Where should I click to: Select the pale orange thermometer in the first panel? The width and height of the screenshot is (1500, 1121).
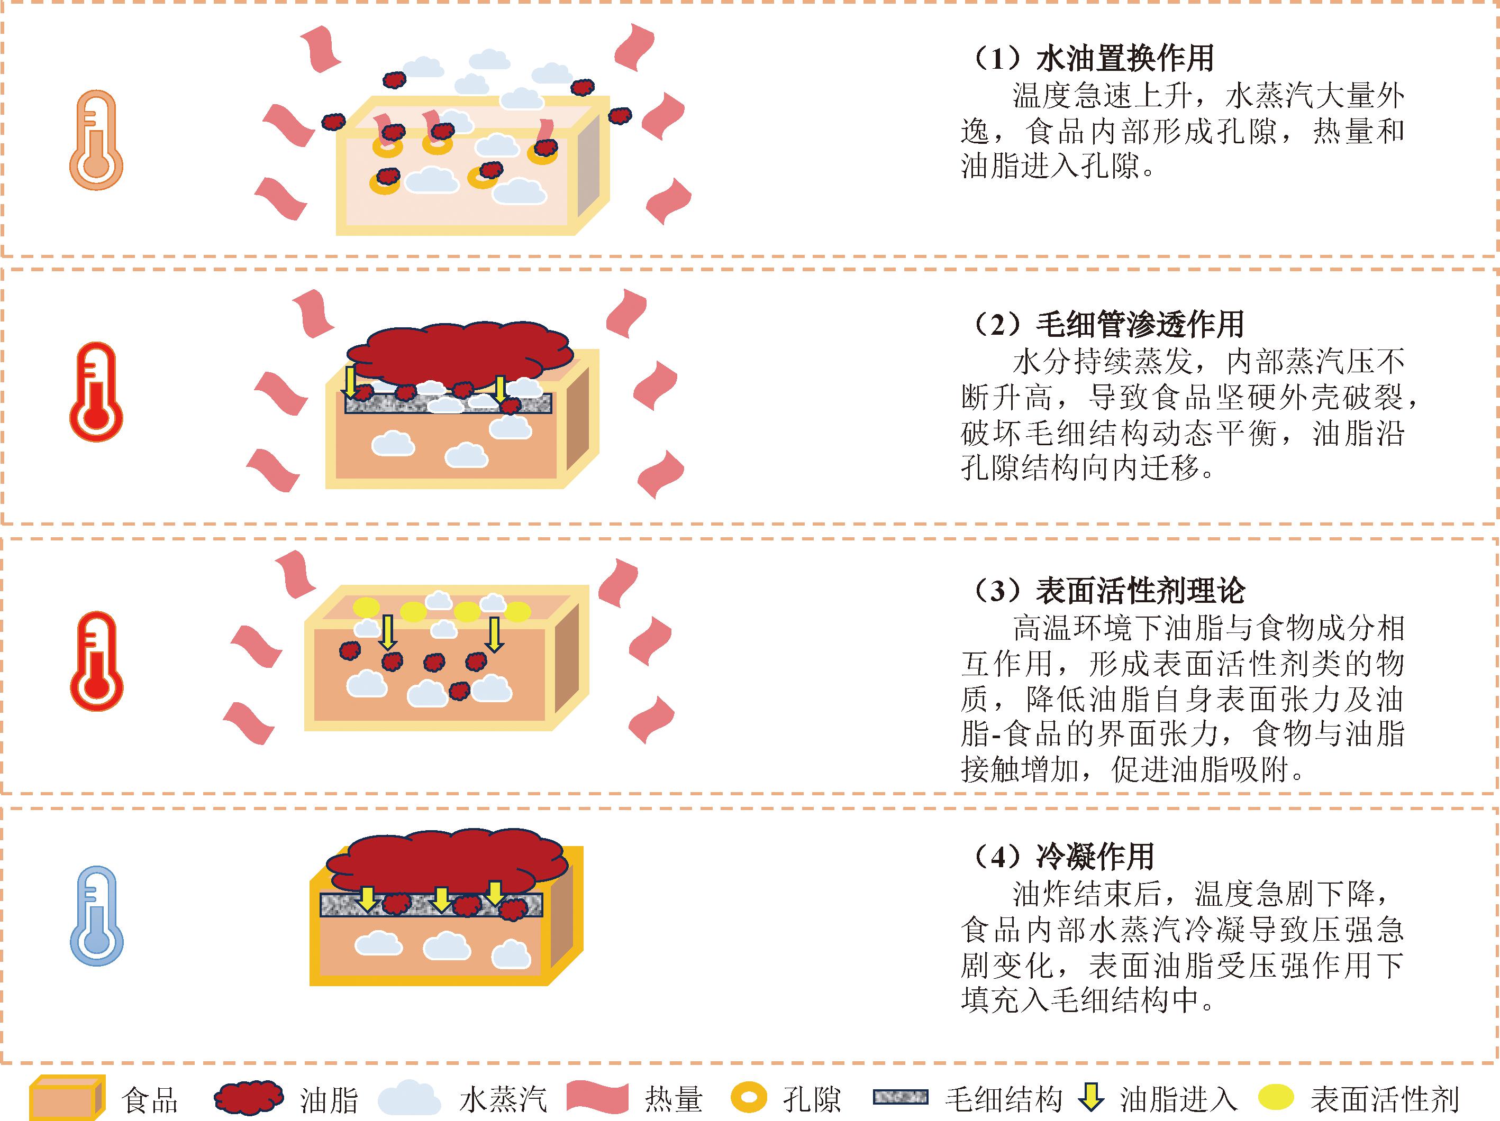point(96,140)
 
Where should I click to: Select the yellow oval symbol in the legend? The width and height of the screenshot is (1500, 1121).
point(1276,1098)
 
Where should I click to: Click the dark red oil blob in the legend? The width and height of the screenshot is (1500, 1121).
point(248,1098)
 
